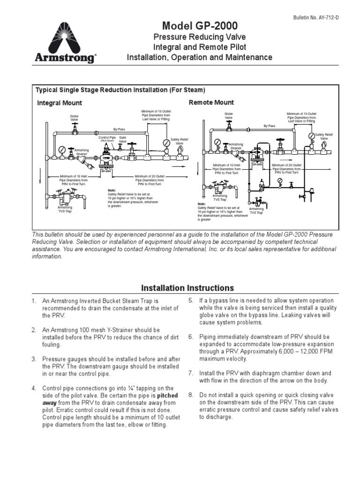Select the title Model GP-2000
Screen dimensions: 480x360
[x=200, y=26]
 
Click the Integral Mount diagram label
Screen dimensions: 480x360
[x=60, y=103]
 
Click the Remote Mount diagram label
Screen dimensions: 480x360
[x=211, y=102]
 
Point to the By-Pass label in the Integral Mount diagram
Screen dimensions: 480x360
[x=120, y=128]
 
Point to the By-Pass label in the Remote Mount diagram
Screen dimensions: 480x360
[x=269, y=126]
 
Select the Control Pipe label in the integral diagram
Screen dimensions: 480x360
[x=107, y=138]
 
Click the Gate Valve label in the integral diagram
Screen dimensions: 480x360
[x=122, y=139]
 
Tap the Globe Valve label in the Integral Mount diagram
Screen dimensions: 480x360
[x=75, y=117]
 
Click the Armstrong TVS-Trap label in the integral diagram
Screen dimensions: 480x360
[x=65, y=209]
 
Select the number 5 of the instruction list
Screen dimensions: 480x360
[x=191, y=300]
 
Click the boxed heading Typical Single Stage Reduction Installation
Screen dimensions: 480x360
[x=120, y=90]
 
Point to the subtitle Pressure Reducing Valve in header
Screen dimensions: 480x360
[x=200, y=37]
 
